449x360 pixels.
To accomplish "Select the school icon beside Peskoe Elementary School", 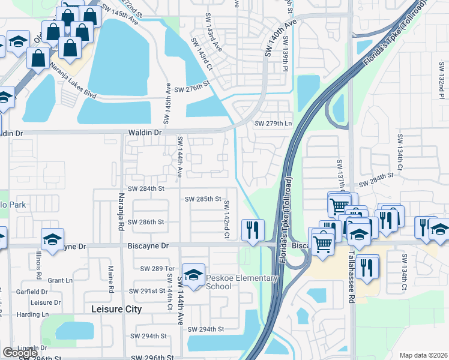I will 193,275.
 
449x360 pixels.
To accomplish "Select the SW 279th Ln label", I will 273,124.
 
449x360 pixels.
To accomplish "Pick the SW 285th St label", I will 203,199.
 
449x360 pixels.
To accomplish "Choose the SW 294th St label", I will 206,329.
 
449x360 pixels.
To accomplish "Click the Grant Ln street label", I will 60,280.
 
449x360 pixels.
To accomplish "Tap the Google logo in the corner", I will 20,352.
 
